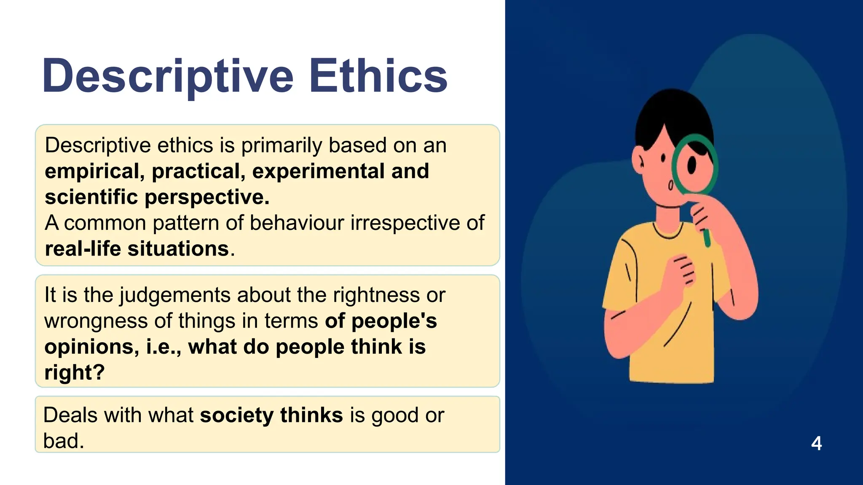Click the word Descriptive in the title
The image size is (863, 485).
coord(167,77)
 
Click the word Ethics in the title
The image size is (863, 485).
coord(378,77)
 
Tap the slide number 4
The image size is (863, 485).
coord(816,443)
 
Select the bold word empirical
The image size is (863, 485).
coord(95,171)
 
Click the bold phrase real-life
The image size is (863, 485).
coord(83,248)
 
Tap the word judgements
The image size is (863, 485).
coord(175,295)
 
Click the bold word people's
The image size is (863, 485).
coord(394,321)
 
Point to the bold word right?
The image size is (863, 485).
coord(74,373)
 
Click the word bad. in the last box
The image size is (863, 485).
coord(64,441)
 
